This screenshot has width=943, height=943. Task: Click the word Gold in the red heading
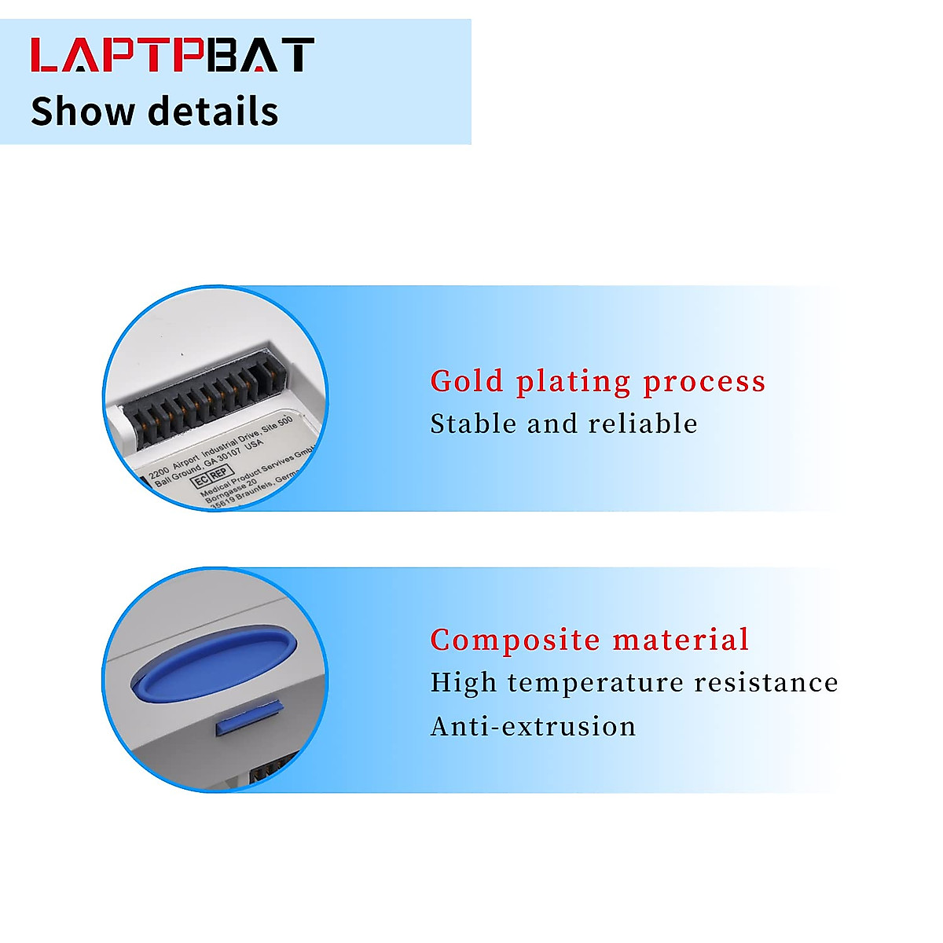pyautogui.click(x=467, y=382)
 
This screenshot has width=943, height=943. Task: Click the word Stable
pyautogui.click(x=474, y=424)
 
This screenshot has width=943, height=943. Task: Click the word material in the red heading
pyautogui.click(x=681, y=640)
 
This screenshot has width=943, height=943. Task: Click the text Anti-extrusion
pyautogui.click(x=534, y=726)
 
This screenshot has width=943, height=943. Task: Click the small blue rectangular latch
pyautogui.click(x=249, y=717)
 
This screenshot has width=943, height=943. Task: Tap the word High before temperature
pyautogui.click(x=463, y=684)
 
